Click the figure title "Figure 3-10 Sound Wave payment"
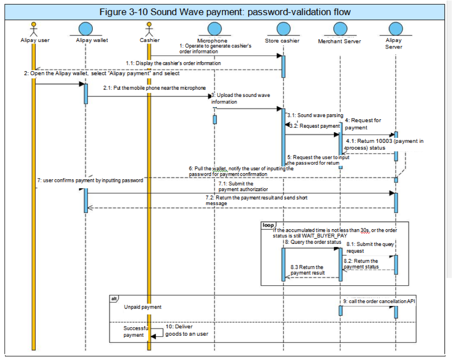click(x=224, y=12)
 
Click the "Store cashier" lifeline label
click(x=282, y=41)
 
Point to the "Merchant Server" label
click(x=339, y=41)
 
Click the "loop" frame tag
click(x=268, y=225)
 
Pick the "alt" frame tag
click(x=115, y=299)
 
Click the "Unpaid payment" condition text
click(x=143, y=307)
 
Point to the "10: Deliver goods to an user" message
click(x=186, y=330)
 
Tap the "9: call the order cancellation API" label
click(x=381, y=301)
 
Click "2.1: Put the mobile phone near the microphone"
click(x=154, y=88)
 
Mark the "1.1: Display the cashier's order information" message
click(x=173, y=64)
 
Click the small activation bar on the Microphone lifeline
click(x=214, y=120)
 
